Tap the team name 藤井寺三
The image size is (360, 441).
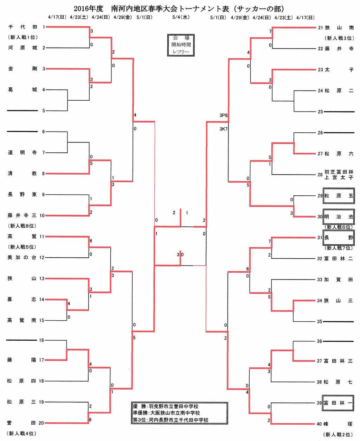pos(22,215)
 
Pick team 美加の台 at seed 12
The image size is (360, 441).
pos(22,258)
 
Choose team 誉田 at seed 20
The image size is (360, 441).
pos(22,423)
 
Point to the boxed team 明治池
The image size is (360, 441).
pos(339,217)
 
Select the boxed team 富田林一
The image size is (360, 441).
pos(339,403)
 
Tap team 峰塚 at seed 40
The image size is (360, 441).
pos(339,424)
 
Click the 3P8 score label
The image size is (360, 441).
pos(224,115)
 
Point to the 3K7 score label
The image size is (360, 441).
pos(224,129)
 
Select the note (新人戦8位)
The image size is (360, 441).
pos(22,226)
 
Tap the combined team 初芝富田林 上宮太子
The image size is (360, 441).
pos(339,175)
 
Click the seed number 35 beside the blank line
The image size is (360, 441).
pos(320,322)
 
